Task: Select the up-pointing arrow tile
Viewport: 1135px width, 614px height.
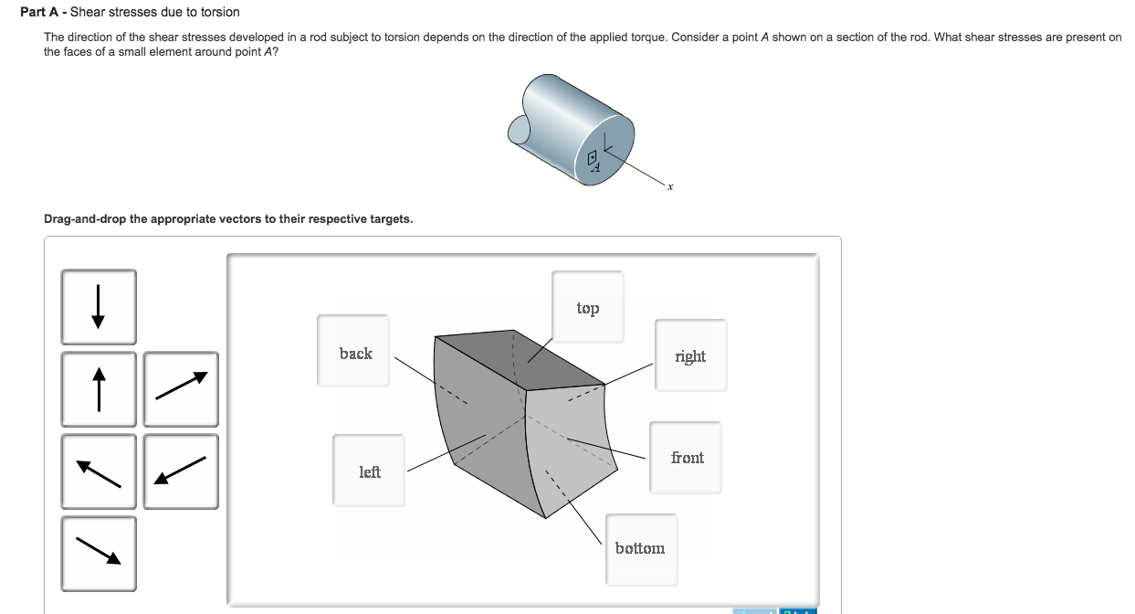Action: [99, 389]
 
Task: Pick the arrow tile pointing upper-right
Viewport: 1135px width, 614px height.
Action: [181, 389]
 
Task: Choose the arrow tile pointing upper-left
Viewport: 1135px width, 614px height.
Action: [99, 471]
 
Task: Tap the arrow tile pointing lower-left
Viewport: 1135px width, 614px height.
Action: [181, 471]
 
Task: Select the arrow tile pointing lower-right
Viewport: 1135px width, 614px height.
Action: [99, 554]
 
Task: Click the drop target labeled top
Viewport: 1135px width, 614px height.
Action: [588, 308]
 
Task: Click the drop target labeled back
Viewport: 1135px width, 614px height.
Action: [353, 353]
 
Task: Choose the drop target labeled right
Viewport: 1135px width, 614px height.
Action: [690, 355]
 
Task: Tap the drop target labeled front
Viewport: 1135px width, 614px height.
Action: [686, 457]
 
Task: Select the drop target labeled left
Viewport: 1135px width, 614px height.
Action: [369, 471]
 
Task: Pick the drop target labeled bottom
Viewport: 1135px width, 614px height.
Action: [640, 548]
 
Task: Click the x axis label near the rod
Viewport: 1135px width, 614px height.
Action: [669, 187]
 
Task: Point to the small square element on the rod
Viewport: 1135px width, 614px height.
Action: [592, 157]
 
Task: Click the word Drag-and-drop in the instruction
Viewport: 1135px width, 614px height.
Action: [85, 219]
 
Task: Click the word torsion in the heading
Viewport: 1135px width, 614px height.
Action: [216, 12]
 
